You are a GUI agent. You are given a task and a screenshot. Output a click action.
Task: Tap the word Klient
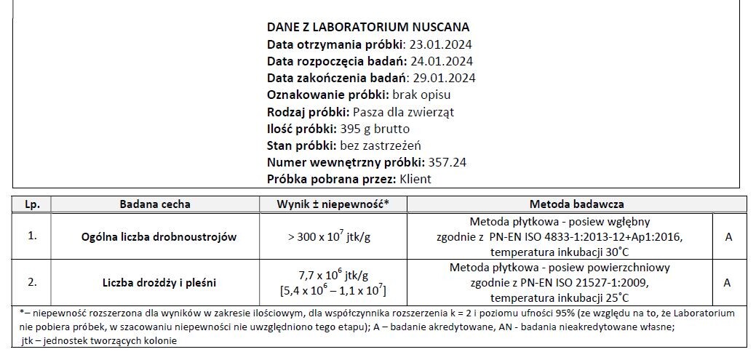415,179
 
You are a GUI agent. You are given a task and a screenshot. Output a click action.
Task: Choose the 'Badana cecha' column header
154,204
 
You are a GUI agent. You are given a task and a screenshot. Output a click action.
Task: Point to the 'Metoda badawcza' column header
576,204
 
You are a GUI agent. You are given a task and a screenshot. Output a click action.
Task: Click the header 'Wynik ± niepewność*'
332,204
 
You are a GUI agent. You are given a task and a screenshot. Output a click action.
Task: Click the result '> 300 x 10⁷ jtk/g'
332,236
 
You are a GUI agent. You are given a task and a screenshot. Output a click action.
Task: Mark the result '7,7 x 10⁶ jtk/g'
333,275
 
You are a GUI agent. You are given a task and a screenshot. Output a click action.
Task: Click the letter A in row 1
727,236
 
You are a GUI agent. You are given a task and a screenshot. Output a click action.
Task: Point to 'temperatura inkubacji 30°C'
560,252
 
